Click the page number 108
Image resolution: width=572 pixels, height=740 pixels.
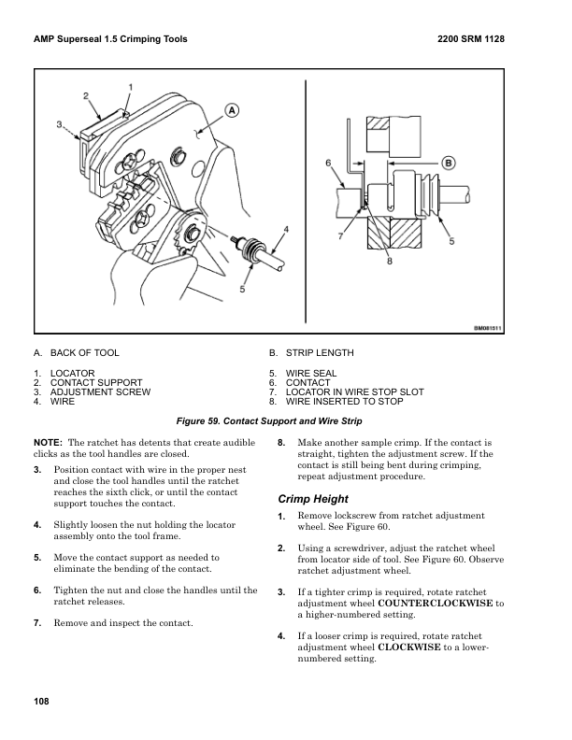(x=41, y=702)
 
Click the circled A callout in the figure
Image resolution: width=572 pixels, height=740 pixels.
(x=231, y=109)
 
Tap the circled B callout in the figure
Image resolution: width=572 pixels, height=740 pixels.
(x=448, y=163)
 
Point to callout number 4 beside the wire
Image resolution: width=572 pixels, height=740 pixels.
(x=284, y=229)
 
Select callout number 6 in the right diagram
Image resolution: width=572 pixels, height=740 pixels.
(x=329, y=163)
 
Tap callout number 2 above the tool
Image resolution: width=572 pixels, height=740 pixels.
(x=86, y=95)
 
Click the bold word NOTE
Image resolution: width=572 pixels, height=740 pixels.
(x=47, y=441)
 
